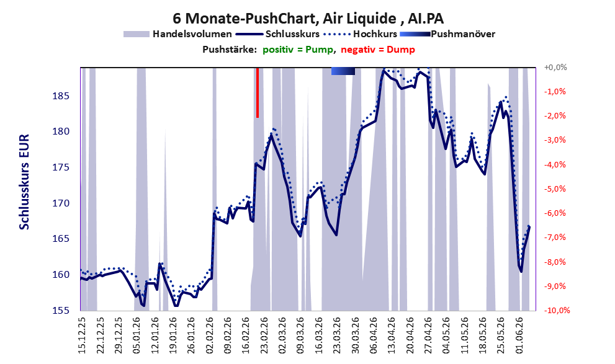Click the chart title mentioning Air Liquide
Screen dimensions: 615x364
[308, 19]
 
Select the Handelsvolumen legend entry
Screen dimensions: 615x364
[177, 34]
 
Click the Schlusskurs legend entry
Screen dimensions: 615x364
[277, 34]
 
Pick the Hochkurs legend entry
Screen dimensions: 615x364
[360, 34]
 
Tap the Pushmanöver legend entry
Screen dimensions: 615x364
[447, 34]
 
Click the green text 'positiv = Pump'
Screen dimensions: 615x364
[299, 50]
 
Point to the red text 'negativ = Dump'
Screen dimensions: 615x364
[378, 50]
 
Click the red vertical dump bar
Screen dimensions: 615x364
[258, 92]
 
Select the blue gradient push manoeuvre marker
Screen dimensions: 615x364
[343, 71]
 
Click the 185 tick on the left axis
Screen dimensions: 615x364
[61, 96]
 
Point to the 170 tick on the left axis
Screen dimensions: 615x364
[61, 203]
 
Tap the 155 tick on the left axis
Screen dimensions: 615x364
[61, 310]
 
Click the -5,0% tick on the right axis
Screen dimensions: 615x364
[555, 189]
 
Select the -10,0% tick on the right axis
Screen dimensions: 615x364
[557, 310]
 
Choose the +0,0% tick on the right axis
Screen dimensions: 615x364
[555, 68]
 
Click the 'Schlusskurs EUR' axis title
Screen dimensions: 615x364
[24, 182]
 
